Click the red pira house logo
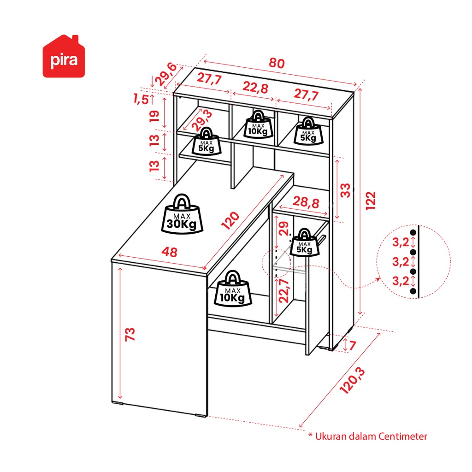[x=64, y=56]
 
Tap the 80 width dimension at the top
[x=277, y=63]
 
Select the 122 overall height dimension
[x=371, y=201]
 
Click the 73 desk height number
[x=130, y=335]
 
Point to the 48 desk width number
[x=170, y=252]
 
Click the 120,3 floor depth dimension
[x=352, y=380]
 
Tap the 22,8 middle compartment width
[x=255, y=88]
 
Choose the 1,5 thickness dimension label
[x=141, y=99]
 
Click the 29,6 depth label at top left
[x=166, y=74]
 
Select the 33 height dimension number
[x=345, y=190]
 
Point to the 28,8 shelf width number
[x=306, y=202]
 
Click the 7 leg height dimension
[x=353, y=345]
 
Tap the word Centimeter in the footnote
[x=403, y=436]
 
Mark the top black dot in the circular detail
[x=413, y=233]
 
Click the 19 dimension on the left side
[x=154, y=116]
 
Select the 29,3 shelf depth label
[x=202, y=120]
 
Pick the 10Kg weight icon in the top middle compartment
[x=258, y=124]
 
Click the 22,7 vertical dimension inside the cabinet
[x=284, y=291]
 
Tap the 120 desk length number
[x=230, y=221]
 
